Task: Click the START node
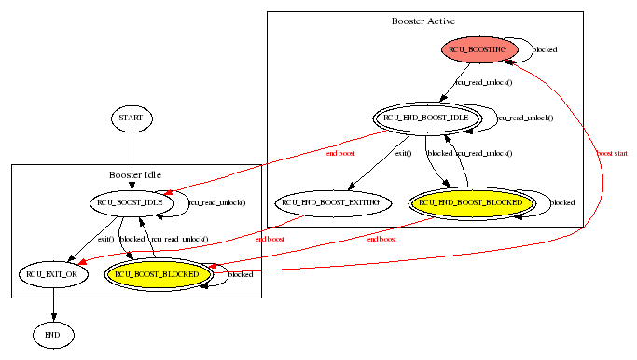point(132,118)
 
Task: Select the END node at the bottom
point(52,333)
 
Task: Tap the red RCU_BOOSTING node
point(477,48)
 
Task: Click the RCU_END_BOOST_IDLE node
point(434,118)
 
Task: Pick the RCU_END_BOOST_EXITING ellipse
point(331,201)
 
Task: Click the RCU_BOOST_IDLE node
point(132,201)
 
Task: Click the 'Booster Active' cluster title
point(423,21)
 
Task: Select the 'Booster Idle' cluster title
point(135,174)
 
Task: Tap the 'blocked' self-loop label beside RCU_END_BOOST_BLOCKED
point(563,201)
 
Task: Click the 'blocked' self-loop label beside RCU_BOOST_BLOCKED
point(242,274)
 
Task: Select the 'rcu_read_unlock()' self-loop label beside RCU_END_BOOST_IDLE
point(525,118)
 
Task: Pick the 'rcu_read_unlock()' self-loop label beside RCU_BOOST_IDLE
point(217,201)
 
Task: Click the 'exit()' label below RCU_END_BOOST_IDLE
point(403,152)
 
